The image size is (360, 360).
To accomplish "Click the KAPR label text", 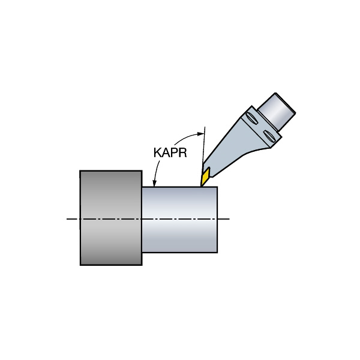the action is click(x=170, y=152).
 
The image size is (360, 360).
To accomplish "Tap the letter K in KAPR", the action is click(x=158, y=152).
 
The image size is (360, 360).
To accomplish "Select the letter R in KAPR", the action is click(x=182, y=152).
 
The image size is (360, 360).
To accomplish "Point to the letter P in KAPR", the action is click(x=174, y=152).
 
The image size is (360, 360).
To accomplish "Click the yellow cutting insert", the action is click(x=205, y=176).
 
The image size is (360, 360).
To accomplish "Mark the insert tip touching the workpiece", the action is click(x=201, y=186).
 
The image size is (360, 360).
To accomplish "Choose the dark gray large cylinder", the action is click(x=111, y=218).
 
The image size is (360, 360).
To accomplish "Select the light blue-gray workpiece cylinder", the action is click(x=179, y=220).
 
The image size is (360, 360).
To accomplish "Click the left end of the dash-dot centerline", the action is click(x=67, y=219).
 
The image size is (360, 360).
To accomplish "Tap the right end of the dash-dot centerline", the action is click(x=229, y=219).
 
